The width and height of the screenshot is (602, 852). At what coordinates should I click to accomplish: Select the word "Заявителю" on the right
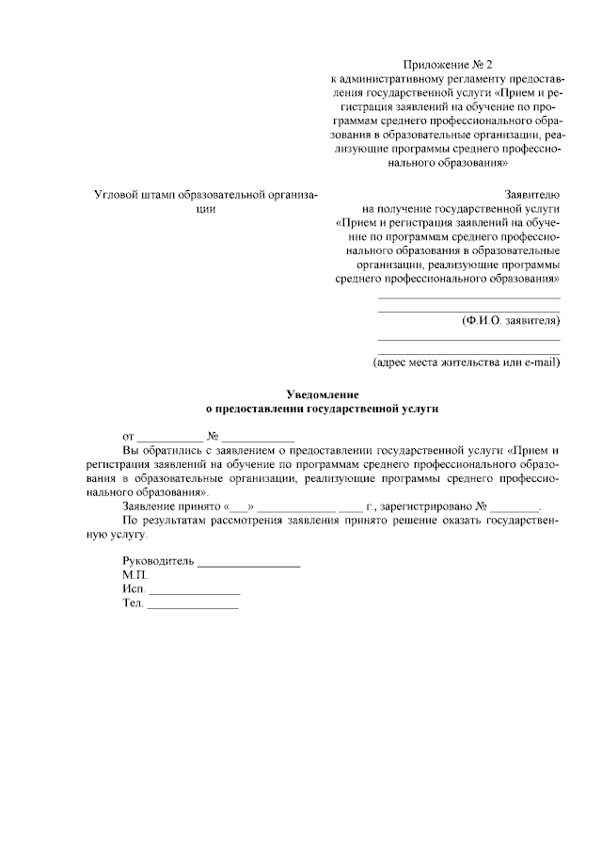[532, 193]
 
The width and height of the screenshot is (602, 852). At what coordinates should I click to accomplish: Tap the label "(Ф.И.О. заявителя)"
[511, 320]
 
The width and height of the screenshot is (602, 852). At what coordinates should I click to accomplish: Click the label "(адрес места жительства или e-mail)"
[467, 362]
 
